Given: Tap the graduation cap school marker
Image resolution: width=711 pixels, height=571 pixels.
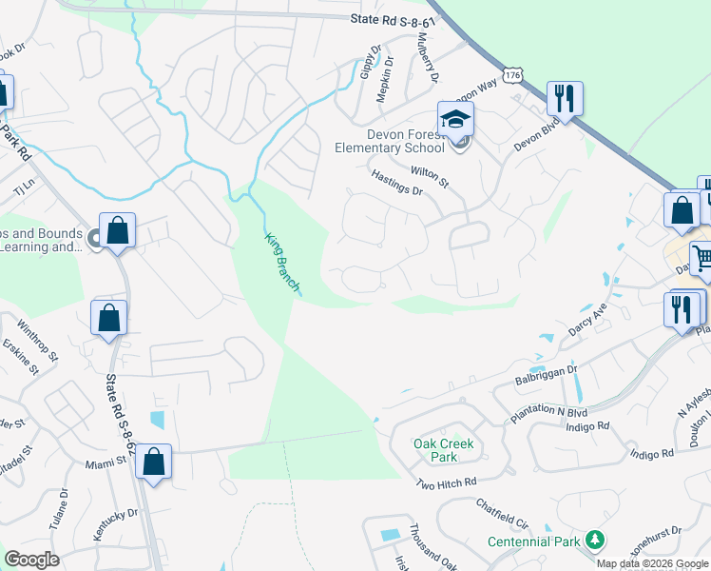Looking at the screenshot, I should (x=455, y=121).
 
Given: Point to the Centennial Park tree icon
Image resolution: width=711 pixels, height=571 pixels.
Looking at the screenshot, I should (x=595, y=541).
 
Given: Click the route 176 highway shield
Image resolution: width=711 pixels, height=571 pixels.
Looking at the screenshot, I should (x=513, y=75).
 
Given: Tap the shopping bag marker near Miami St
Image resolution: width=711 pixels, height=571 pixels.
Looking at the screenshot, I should (x=153, y=463).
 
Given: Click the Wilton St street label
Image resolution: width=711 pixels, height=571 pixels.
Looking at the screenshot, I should (x=429, y=175).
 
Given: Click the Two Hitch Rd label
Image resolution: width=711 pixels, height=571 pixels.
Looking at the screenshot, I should (x=445, y=485).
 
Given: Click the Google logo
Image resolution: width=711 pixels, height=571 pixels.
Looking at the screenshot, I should (x=31, y=560).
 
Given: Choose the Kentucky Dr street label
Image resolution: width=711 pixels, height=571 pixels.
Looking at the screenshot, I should (x=116, y=524).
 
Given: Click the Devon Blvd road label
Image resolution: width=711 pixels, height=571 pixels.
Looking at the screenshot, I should (x=533, y=134).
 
